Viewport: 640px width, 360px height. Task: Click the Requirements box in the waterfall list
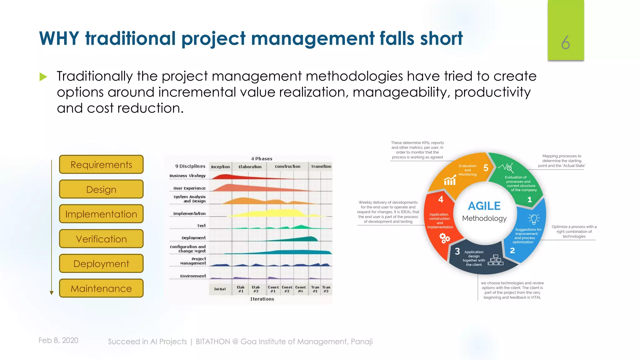(x=101, y=164)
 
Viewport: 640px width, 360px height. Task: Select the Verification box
(x=101, y=239)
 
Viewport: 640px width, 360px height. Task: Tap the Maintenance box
(x=101, y=288)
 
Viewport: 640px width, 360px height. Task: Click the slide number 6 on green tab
(x=565, y=42)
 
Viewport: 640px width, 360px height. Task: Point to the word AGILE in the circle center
(x=484, y=206)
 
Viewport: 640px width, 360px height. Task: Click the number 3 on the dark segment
(x=457, y=251)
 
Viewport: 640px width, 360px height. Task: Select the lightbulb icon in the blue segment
(x=534, y=219)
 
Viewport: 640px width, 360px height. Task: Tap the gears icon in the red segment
(x=444, y=238)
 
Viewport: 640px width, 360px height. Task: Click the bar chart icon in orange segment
(x=450, y=180)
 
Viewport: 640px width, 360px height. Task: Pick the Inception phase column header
(x=220, y=167)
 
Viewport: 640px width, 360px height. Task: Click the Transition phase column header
(x=321, y=166)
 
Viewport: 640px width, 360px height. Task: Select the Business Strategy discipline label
(x=187, y=176)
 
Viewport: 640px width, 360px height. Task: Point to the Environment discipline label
(x=193, y=276)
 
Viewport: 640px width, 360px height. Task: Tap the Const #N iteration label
(x=300, y=289)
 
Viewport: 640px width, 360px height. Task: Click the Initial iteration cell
(x=220, y=289)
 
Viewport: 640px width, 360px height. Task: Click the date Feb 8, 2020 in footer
(x=58, y=340)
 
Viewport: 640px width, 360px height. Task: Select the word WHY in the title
(x=59, y=38)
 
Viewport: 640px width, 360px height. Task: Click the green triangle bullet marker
(x=43, y=77)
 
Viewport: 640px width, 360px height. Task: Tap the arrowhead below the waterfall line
(x=52, y=293)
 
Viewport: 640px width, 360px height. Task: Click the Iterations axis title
(x=262, y=299)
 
